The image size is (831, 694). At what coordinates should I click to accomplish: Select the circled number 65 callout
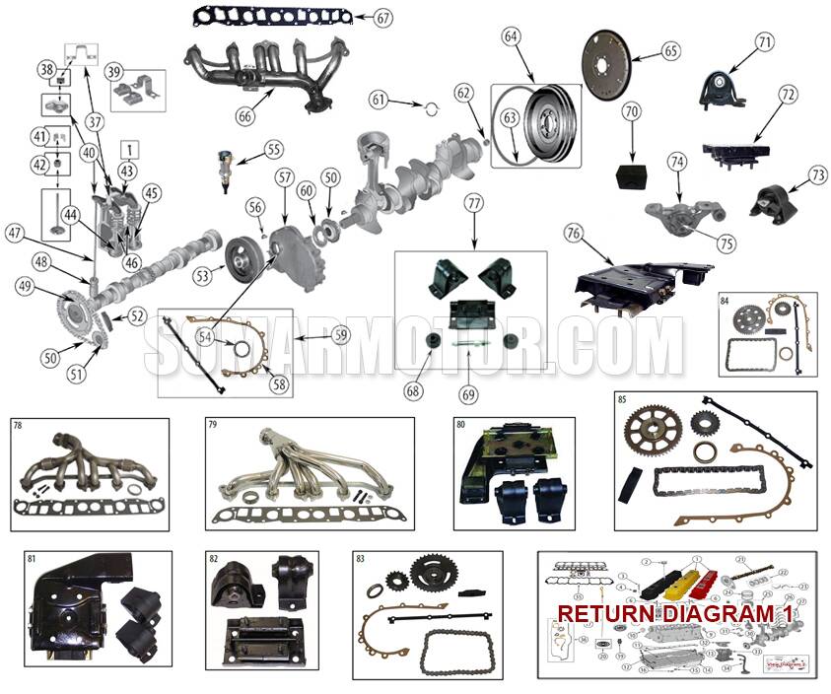click(671, 49)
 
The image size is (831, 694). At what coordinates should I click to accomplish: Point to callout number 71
click(765, 41)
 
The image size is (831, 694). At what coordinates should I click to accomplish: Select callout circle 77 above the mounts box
click(474, 204)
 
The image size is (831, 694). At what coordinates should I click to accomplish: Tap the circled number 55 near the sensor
click(273, 150)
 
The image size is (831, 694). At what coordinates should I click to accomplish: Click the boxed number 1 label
click(129, 149)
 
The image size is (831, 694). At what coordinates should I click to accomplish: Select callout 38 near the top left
click(46, 69)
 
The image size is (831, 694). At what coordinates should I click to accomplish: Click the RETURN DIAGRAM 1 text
click(675, 613)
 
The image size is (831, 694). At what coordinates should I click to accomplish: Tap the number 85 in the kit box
click(622, 401)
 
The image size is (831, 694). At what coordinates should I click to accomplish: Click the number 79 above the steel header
click(213, 426)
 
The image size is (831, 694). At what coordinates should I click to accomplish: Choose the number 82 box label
click(213, 559)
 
